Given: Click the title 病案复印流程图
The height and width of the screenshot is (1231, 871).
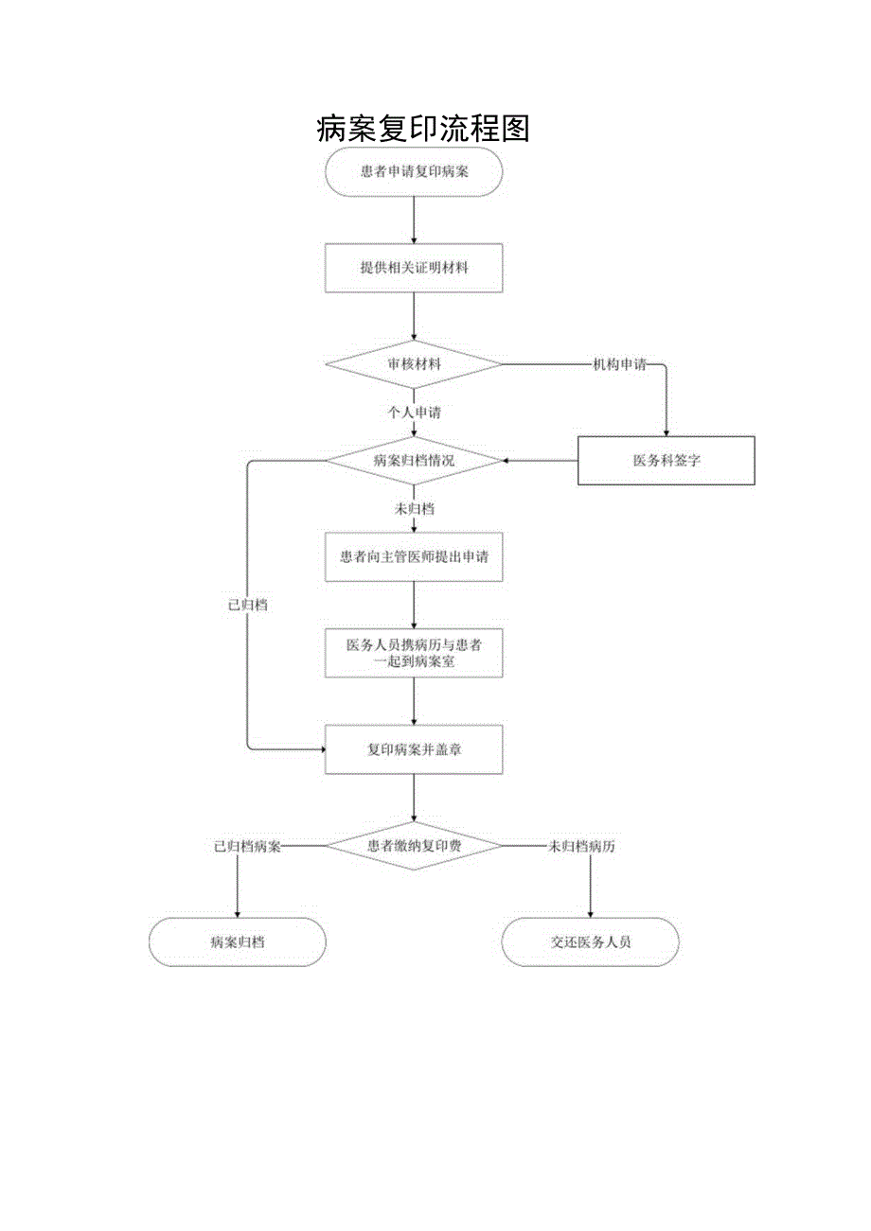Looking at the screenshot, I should coord(422,128).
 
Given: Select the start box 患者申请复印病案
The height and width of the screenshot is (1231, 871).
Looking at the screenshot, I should coord(414,172).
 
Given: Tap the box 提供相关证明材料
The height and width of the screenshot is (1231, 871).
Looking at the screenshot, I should coord(414,268).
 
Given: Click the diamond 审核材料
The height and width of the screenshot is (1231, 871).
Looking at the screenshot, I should coord(414,364).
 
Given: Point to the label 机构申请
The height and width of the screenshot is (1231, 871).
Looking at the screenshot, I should coord(619,364).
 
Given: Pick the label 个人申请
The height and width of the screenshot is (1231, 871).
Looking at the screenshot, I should coord(414,413).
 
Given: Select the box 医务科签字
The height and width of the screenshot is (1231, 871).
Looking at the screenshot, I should coord(666,461).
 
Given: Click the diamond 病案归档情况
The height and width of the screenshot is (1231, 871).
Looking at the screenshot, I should coord(414,461).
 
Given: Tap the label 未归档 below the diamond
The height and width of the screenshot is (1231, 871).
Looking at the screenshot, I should coord(414,509).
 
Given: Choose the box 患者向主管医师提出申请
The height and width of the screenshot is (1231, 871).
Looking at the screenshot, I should coord(414,557).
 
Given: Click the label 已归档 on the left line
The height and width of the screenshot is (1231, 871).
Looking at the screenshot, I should coord(247,605).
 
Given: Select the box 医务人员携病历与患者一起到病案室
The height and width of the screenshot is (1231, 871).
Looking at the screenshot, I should coord(414,653).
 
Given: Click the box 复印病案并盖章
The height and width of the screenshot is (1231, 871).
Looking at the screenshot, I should coord(414,749).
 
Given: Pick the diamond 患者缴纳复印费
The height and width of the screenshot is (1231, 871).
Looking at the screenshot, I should coord(414,846).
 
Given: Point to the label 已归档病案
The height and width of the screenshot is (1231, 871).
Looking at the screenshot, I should coord(247,846).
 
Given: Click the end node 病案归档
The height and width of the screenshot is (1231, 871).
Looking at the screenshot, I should coord(237,942).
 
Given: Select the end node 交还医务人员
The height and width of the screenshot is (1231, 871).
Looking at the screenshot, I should coord(590,942).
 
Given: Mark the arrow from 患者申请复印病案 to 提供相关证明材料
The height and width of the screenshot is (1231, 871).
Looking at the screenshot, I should coord(414,220).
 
